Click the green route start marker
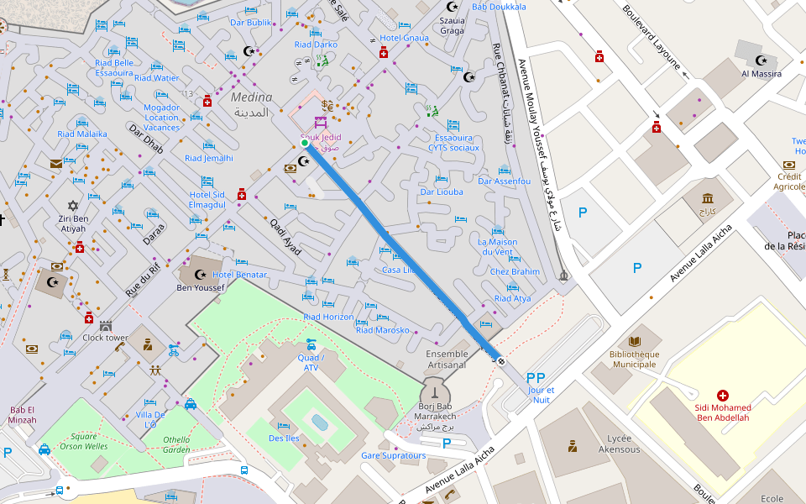pos(305,143)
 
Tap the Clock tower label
pos(105,338)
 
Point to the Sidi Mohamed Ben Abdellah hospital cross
pos(722,395)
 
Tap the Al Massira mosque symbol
pos(762,60)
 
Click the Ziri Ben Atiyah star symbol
pos(72,205)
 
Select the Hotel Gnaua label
pos(404,38)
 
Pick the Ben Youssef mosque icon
pos(200,274)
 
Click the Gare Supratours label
pos(393,456)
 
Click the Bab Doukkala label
pos(499,7)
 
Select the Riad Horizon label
pos(328,317)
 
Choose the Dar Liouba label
pos(442,192)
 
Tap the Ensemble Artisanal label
pos(447,360)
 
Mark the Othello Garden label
pos(176,444)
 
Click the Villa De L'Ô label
pos(151,419)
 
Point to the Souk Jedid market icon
pos(320,123)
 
